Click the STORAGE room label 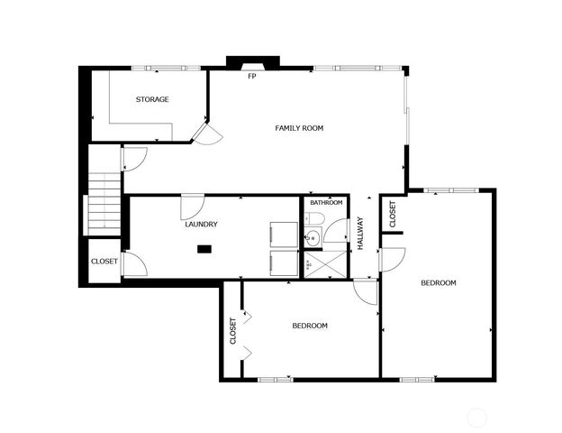tap(152, 99)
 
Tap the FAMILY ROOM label tap(299, 128)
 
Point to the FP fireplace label tap(252, 77)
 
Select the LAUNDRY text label tap(201, 224)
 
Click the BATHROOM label tap(326, 203)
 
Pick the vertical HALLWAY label tap(360, 233)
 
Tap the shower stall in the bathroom tap(323, 266)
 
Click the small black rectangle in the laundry tap(204, 248)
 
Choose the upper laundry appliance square tap(284, 232)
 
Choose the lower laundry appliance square tap(284, 263)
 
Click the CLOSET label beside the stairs tap(104, 262)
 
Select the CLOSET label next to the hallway tap(393, 214)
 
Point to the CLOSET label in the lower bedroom tap(233, 330)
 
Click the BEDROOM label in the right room tap(439, 283)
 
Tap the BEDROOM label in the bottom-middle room tap(309, 326)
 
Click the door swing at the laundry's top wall tap(192, 206)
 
